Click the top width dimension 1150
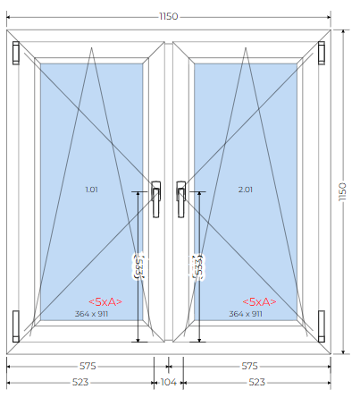[x=169, y=16]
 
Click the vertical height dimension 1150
[x=343, y=192]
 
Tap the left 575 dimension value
[x=88, y=366]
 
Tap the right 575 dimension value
[x=249, y=366]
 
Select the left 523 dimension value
[x=80, y=382]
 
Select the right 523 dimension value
[x=256, y=382]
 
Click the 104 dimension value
[x=169, y=382]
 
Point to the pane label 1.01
[x=91, y=190]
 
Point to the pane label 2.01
[x=246, y=190]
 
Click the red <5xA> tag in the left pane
[x=105, y=302]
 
